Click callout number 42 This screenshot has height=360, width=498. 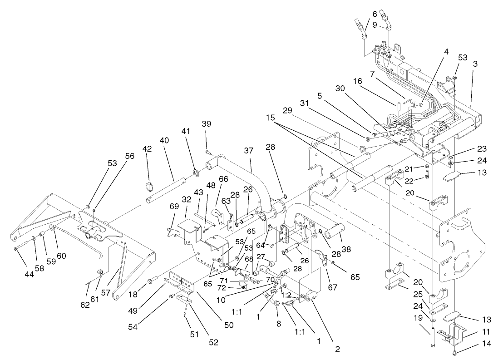point(148,148)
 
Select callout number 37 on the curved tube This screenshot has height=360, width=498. point(249,149)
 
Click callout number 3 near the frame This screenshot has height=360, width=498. point(475,64)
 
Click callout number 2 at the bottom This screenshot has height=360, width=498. point(336,350)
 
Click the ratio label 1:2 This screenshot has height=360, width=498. point(286,295)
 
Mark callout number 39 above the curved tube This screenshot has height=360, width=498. point(206,124)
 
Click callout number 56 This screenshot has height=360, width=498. point(130,155)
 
